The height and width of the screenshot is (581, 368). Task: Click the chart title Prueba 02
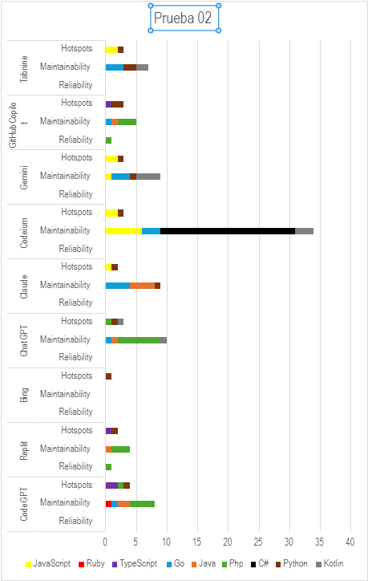183,18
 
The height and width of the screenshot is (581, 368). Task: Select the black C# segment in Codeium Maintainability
228,231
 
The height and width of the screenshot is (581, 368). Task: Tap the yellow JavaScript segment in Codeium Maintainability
123,231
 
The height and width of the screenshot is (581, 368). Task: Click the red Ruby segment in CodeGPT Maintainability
108,504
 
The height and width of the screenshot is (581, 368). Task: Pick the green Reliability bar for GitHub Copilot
108,140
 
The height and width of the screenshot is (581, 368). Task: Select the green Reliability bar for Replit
108,467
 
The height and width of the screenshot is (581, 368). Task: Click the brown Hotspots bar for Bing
108,376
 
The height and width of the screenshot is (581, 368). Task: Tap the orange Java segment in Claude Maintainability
142,286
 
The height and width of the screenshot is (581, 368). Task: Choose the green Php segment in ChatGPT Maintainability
140,340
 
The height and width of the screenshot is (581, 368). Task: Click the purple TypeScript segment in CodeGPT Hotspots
111,486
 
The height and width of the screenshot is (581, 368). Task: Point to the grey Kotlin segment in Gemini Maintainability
148,177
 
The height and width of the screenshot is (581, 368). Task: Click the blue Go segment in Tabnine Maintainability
115,67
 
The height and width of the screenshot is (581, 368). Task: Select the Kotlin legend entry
330,563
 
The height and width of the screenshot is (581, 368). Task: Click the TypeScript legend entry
135,563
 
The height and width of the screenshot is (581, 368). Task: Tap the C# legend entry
260,563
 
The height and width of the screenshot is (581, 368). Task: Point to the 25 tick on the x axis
258,542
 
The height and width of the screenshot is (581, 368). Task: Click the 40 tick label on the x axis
350,542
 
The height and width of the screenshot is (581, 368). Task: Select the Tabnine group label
24,68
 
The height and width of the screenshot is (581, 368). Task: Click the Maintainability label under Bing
65,394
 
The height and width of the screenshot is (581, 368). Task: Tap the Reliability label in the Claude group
75,303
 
